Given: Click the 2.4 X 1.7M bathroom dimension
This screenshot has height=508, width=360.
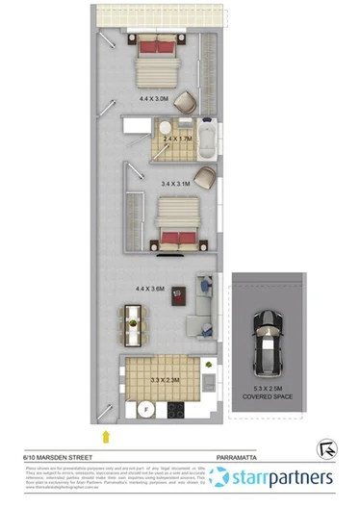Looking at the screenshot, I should (x=179, y=140).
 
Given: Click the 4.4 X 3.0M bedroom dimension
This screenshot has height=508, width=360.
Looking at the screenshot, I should (x=154, y=98).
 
